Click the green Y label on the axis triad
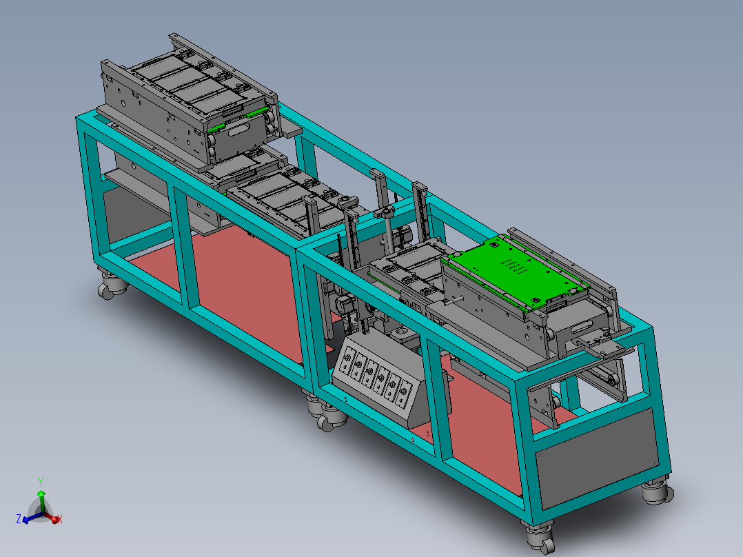pos(41,483)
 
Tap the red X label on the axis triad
pos(60,519)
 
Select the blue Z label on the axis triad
pos(19,518)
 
